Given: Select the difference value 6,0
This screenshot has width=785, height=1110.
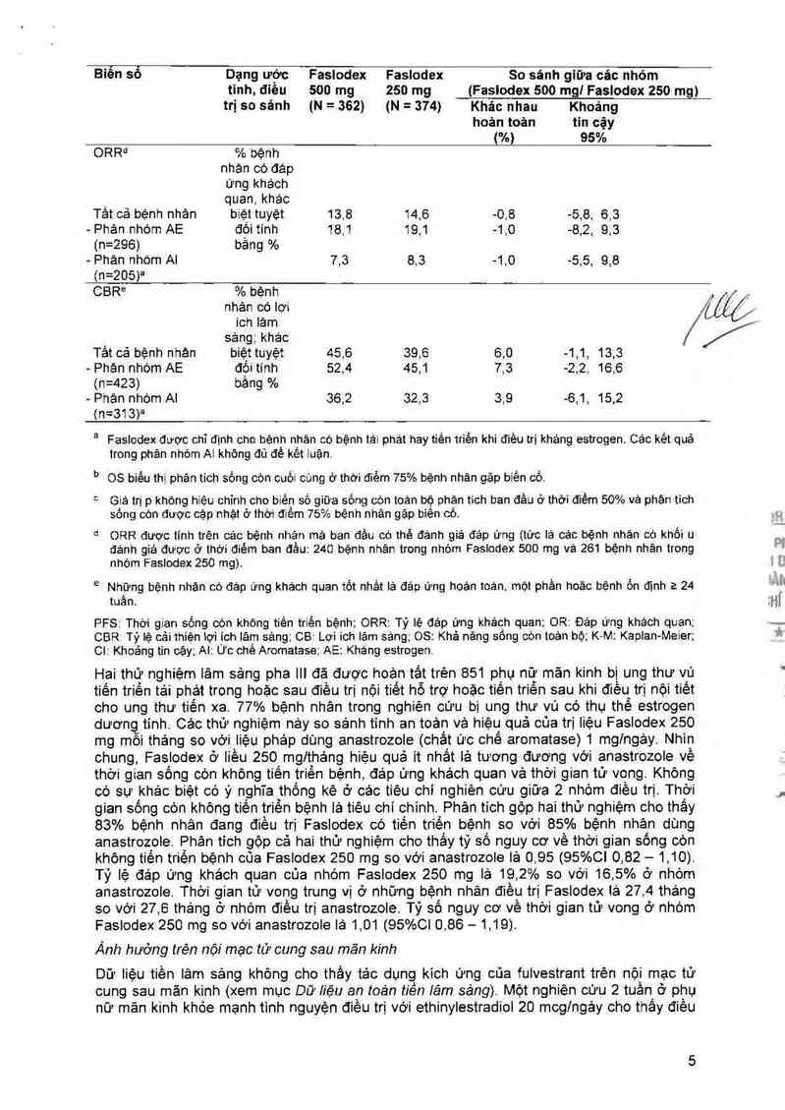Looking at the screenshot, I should pyautogui.click(x=504, y=352).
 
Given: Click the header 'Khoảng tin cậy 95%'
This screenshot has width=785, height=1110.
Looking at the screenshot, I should pyautogui.click(x=593, y=122).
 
